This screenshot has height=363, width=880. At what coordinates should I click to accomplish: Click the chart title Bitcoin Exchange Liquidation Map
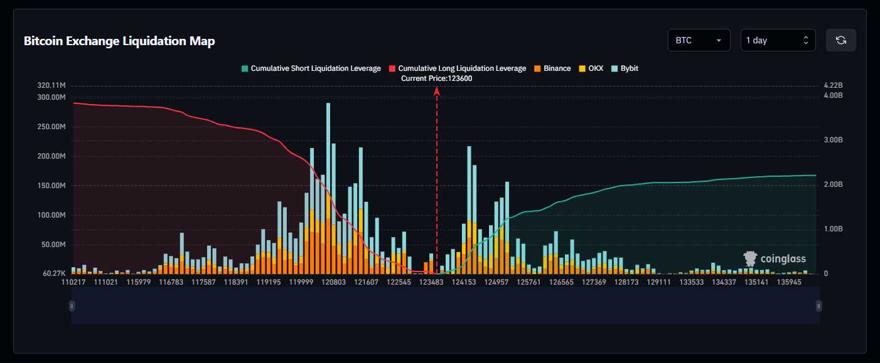click(119, 41)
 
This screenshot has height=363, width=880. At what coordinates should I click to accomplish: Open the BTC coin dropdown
click(699, 40)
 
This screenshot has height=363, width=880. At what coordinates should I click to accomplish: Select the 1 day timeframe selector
click(778, 40)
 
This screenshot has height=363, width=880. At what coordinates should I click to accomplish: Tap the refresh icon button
click(841, 40)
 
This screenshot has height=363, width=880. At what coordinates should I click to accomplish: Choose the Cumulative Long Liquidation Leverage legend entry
click(458, 68)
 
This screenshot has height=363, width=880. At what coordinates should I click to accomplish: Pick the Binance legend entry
click(552, 68)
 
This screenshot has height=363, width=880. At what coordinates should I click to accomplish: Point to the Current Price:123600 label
click(436, 78)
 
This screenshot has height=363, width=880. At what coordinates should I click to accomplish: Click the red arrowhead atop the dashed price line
click(437, 91)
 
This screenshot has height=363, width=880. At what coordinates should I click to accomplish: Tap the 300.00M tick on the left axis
click(51, 97)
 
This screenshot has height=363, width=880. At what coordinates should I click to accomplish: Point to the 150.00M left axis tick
click(51, 186)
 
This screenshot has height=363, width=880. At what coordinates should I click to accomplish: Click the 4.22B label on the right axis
click(833, 85)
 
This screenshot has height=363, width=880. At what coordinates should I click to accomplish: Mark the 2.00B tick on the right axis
click(833, 184)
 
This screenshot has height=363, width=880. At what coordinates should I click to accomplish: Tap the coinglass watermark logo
click(775, 258)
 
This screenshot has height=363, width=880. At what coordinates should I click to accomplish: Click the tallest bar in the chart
click(328, 188)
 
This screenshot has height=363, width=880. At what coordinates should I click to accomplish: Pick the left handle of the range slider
click(72, 306)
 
